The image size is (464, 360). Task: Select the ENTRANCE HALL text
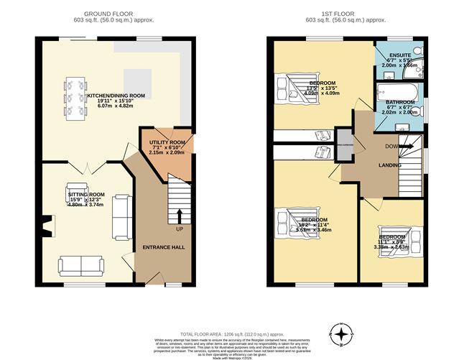[x=164, y=246]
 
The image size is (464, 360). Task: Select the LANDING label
[x=389, y=166]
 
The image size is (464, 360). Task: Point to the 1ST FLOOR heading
[x=340, y=14]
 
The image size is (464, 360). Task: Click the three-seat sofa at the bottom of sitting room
[x=80, y=266]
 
